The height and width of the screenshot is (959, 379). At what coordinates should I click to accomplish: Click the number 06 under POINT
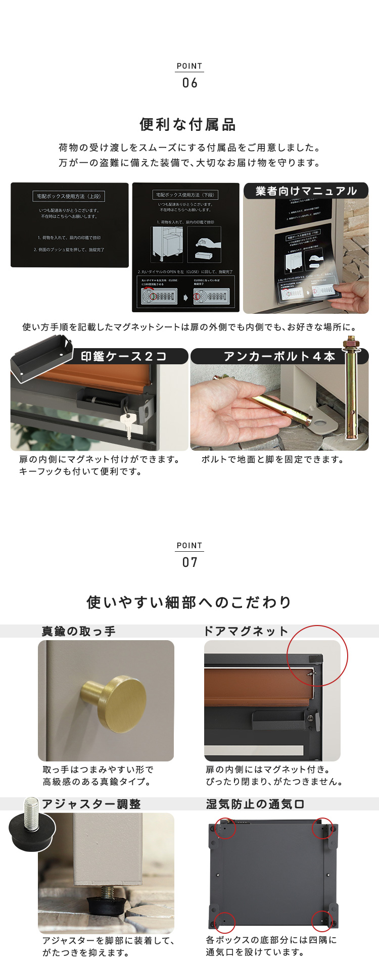(x=189, y=83)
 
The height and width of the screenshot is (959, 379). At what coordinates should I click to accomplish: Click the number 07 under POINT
(x=189, y=562)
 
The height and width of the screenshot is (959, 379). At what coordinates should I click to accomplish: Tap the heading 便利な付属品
(x=188, y=124)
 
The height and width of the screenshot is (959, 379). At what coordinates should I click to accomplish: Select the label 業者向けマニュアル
(x=306, y=191)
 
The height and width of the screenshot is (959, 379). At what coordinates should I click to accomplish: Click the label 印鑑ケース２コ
(x=124, y=356)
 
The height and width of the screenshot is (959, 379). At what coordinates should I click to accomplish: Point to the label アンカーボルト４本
(x=279, y=356)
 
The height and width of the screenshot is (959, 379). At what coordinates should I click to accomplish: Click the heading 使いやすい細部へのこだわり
(x=189, y=602)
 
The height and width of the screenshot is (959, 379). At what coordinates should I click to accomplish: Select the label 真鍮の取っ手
(x=79, y=631)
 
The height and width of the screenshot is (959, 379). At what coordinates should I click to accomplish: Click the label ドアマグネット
(x=246, y=631)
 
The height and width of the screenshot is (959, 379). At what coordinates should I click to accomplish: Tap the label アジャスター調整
(x=91, y=804)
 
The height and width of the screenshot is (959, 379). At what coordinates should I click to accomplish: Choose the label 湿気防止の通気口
(x=255, y=804)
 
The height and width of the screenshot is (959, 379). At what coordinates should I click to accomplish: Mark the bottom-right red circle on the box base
(x=321, y=921)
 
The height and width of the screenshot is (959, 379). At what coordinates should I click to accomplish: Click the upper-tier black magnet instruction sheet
(x=70, y=225)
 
